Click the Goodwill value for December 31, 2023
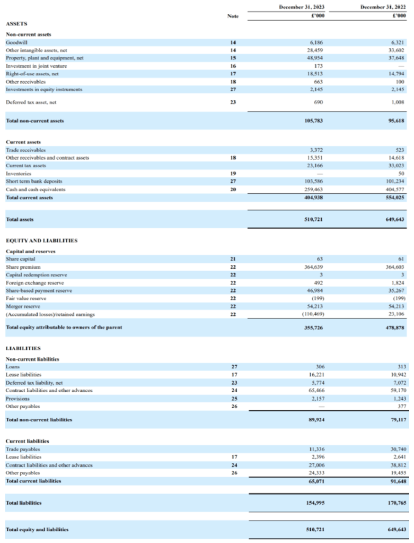(315, 42)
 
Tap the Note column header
(233, 16)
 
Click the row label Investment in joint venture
(36, 66)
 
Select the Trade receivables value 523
(400, 150)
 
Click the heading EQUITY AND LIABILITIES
(42, 240)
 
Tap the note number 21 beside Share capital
(233, 259)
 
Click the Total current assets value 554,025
(393, 197)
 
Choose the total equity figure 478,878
(393, 327)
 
